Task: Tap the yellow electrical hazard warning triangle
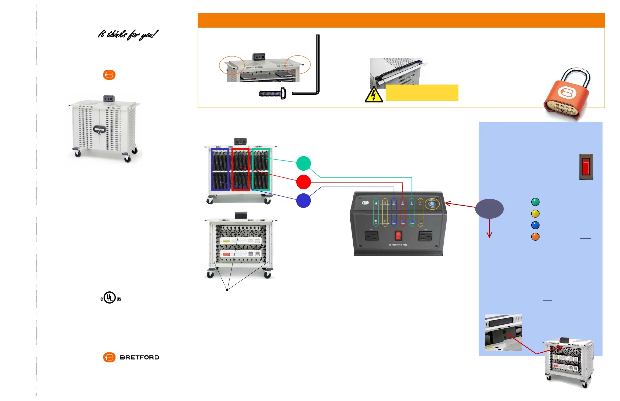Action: [x=374, y=95]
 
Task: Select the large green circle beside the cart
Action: [x=303, y=164]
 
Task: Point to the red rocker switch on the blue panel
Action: [x=586, y=167]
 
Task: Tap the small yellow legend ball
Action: [x=535, y=214]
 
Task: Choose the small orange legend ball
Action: [x=535, y=237]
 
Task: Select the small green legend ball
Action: [x=535, y=202]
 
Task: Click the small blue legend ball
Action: [x=535, y=225]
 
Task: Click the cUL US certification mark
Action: [x=110, y=298]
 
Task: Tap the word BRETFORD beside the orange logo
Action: [x=140, y=357]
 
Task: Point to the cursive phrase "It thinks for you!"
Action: [x=128, y=35]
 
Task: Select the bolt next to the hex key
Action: [x=273, y=93]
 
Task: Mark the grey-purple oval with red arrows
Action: [x=489, y=209]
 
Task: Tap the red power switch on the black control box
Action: [x=398, y=236]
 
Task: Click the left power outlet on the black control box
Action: [x=372, y=236]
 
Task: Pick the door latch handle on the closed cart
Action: [x=100, y=129]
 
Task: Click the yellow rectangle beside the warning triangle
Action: [x=422, y=93]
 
